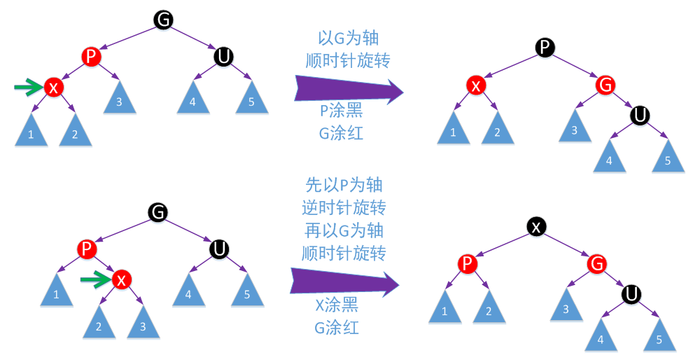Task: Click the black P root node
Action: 545,47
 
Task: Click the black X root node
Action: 535,226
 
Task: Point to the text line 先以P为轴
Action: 344,185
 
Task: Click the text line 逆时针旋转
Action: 344,207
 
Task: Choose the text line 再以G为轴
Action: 344,230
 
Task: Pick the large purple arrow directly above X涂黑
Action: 343,283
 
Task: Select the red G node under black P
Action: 605,85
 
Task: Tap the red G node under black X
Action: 596,263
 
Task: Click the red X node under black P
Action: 476,85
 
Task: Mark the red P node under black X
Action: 467,263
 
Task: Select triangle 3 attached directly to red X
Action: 143,323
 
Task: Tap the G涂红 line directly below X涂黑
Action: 337,327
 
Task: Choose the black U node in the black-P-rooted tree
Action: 639,115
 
